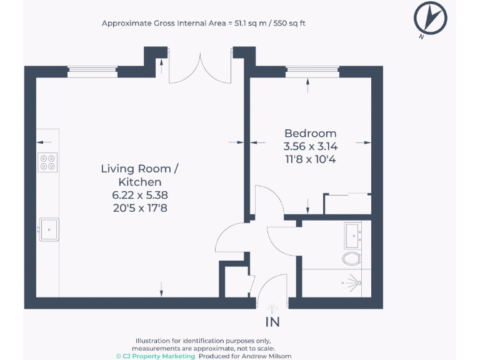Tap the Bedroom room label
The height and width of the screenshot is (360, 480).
coord(310,133)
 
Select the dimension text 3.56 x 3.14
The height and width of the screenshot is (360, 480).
coord(310,146)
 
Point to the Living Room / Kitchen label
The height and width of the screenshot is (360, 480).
coord(140,175)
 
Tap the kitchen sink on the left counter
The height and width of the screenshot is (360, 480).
coord(48,229)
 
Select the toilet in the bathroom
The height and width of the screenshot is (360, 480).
coord(351,257)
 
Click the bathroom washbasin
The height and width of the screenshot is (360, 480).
coord(356,236)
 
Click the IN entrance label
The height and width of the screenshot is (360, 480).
coord(272,322)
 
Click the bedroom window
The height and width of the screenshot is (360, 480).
coord(312,72)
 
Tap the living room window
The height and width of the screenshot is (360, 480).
coord(92,72)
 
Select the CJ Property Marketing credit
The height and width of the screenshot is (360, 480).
coord(156,355)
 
